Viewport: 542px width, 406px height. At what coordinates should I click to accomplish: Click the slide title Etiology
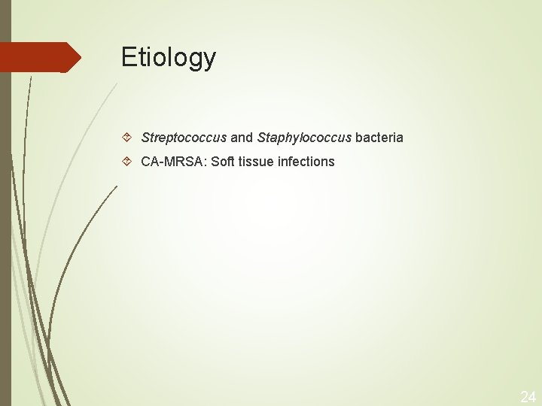tap(168, 58)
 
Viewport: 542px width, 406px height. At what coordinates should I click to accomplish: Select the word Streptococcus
tap(184, 138)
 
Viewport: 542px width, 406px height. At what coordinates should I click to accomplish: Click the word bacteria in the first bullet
tap(379, 138)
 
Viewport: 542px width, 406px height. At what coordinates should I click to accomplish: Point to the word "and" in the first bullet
tap(242, 138)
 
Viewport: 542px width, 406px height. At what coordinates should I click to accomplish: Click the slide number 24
tap(528, 396)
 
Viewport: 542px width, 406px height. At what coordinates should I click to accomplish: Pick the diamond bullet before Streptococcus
tap(129, 138)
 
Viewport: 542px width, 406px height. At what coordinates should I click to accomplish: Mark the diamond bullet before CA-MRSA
tap(129, 162)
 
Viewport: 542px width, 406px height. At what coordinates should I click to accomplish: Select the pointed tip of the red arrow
tap(79, 57)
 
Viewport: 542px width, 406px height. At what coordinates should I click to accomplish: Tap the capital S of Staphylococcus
tap(261, 138)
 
